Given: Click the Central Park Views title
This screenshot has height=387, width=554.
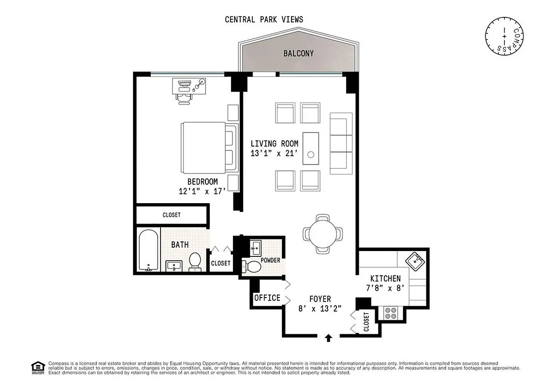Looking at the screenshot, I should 264,19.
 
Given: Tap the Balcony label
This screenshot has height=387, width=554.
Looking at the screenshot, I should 298,53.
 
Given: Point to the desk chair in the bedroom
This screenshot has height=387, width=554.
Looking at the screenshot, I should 184,98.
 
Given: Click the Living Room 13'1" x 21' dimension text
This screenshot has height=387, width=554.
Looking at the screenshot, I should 274,153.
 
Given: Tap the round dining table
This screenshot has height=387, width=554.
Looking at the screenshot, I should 323,234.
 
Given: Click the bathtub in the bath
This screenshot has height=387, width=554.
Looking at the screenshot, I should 148,250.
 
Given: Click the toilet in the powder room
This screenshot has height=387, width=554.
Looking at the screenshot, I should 252,266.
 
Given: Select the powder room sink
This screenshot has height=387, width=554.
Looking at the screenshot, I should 256,248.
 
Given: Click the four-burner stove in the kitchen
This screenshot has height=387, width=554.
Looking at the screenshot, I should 391,313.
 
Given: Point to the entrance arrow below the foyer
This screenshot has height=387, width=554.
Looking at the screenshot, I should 329,338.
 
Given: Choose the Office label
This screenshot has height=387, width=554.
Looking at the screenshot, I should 267,298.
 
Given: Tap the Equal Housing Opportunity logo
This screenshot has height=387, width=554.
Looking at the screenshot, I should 37,368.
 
